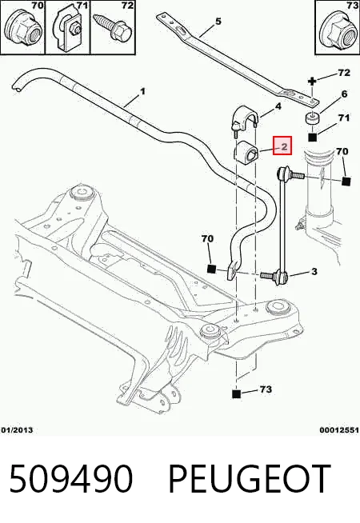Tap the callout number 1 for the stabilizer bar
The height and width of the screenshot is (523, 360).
(x=142, y=91)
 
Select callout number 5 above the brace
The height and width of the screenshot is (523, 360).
(x=218, y=22)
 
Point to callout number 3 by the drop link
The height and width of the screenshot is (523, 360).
(x=314, y=272)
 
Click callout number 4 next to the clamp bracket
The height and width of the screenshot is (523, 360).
(x=278, y=106)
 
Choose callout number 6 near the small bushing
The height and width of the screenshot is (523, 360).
(x=344, y=94)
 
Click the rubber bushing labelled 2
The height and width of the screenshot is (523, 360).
(x=246, y=152)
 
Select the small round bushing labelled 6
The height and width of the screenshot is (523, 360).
(x=312, y=118)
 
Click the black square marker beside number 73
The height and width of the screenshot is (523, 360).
(x=236, y=394)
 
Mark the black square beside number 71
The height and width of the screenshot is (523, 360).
(x=312, y=137)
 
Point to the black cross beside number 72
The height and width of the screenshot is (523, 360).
(x=312, y=81)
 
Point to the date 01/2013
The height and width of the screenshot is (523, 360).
(x=18, y=430)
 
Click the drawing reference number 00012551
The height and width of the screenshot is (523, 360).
(x=339, y=430)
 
